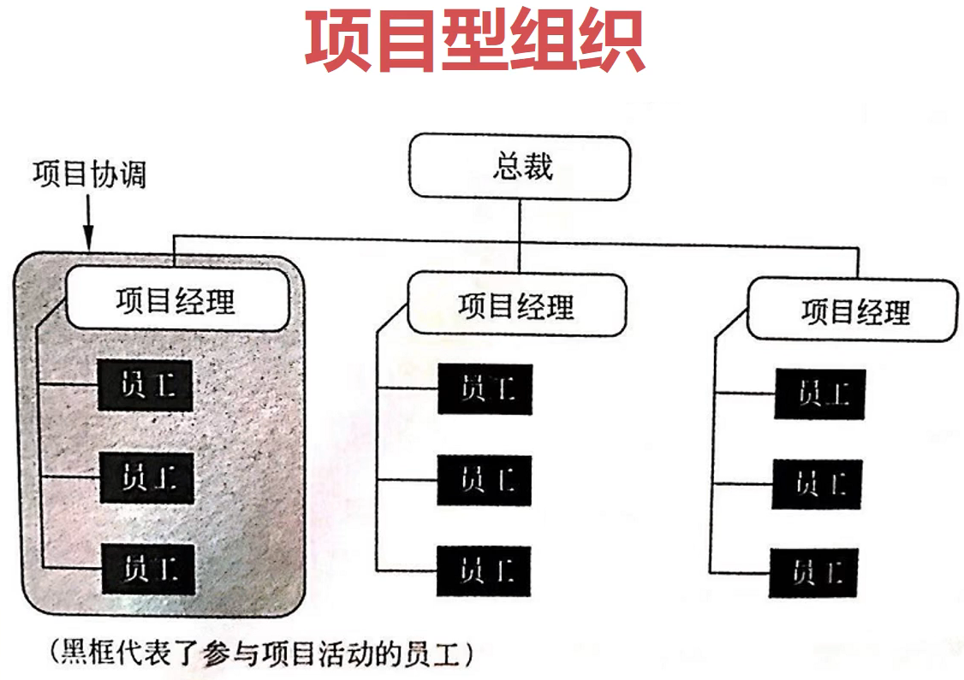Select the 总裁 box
(521, 166)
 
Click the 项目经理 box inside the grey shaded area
(176, 299)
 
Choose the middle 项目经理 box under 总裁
(516, 304)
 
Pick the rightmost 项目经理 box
(853, 310)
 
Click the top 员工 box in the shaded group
(146, 386)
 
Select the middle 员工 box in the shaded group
(146, 477)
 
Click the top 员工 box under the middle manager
(485, 389)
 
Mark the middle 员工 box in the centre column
(485, 480)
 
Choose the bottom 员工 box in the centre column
(484, 571)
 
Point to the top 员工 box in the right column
(820, 394)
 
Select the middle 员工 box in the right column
(819, 484)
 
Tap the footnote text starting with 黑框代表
(262, 654)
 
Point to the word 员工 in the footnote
(432, 654)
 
